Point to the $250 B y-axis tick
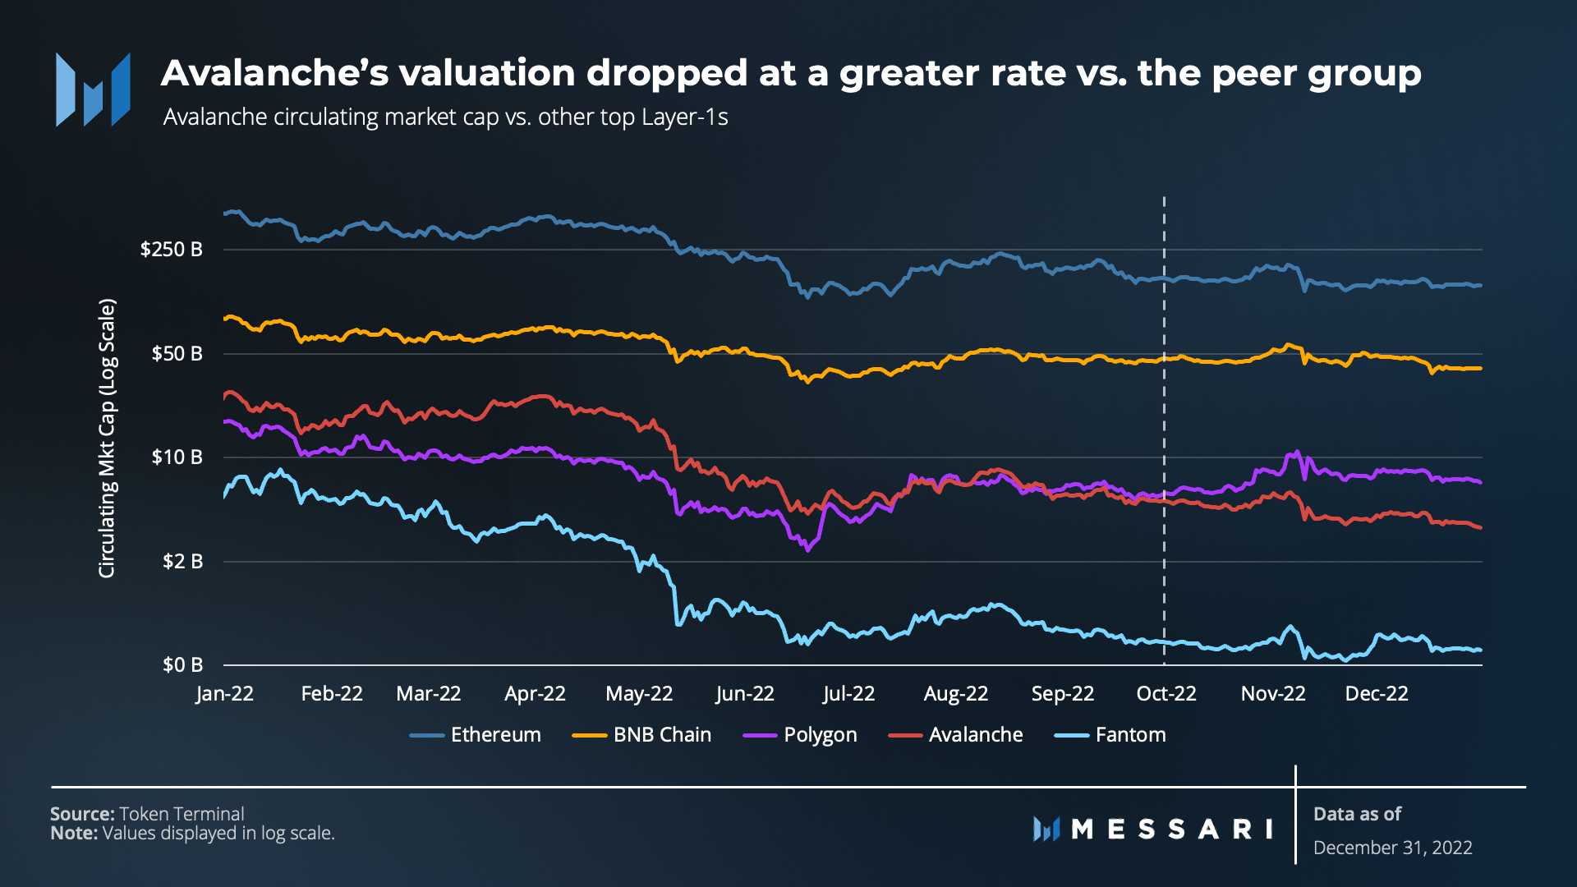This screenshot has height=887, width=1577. click(171, 250)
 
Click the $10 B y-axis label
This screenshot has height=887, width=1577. click(177, 457)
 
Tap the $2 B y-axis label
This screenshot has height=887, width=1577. click(182, 562)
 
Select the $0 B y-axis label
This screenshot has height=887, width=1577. click(182, 665)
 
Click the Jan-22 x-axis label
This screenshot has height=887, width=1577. click(224, 694)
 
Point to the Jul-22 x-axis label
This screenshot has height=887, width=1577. click(848, 694)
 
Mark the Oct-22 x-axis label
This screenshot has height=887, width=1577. click(1166, 694)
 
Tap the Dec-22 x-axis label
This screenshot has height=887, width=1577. click(1376, 694)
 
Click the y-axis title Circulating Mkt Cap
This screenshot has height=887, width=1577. click(108, 439)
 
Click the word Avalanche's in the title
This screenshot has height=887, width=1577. click(274, 74)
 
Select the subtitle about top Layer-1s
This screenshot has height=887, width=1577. click(445, 117)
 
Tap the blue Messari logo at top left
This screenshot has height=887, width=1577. click(93, 90)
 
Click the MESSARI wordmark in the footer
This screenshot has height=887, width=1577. click(1170, 830)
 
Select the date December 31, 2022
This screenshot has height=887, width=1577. click(1392, 848)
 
